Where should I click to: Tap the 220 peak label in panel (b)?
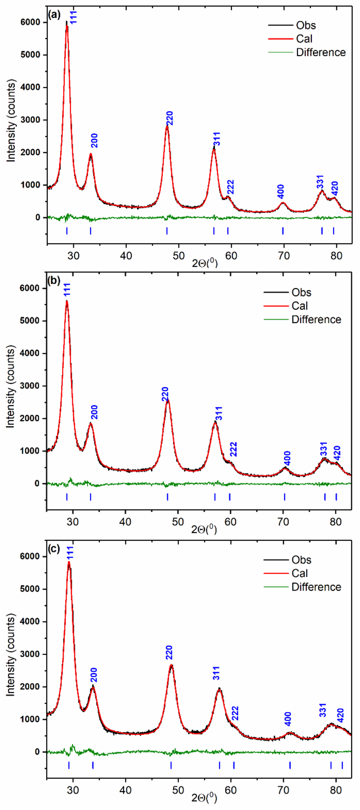point(165,394)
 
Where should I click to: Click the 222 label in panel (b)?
point(233,449)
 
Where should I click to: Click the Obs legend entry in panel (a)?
point(306,26)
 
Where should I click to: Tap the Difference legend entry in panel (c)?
point(316,587)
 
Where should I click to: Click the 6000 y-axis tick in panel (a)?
point(30,22)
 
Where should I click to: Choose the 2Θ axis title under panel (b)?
point(204,529)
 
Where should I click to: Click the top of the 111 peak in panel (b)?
point(67,301)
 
